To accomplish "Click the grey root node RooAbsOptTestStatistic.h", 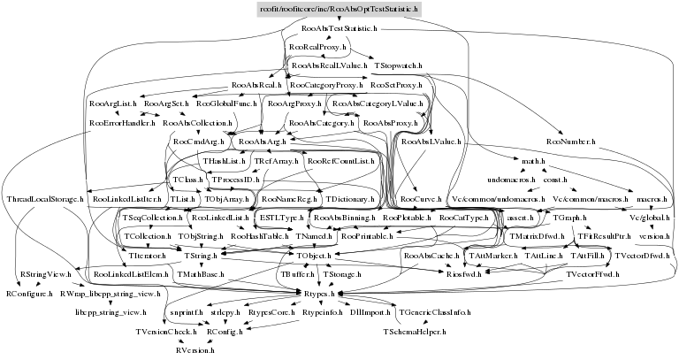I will [x=339, y=10].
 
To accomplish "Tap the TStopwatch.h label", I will [x=398, y=65].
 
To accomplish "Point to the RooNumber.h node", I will [x=571, y=141].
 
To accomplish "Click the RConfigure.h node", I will [x=30, y=291].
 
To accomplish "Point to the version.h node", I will [x=653, y=237].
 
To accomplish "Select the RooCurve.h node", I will [x=408, y=199].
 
